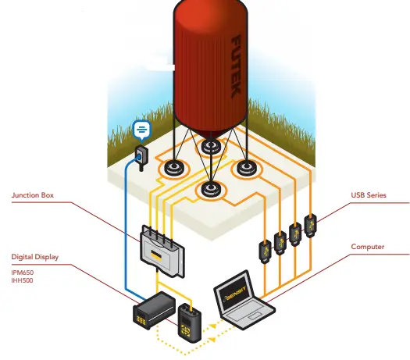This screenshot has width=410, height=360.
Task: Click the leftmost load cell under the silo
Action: [173, 168]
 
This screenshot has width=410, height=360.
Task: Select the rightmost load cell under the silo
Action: [247, 166]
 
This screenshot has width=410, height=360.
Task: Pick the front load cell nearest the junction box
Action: [209, 188]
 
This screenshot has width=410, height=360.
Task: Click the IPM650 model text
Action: [22, 271]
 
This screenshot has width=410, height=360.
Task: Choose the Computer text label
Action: [368, 247]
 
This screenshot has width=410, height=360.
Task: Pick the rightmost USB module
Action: [310, 226]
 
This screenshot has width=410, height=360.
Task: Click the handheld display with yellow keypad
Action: [188, 320]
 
